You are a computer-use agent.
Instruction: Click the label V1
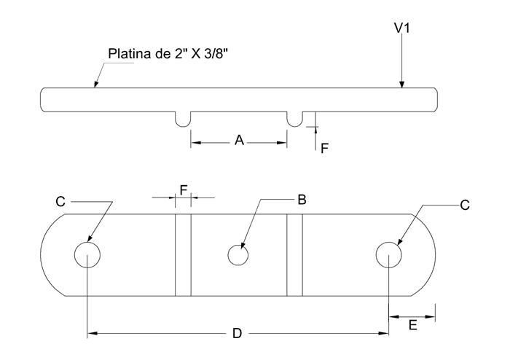(x=403, y=28)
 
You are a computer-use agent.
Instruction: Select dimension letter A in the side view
(x=238, y=141)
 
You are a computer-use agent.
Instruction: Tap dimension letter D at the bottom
(x=237, y=333)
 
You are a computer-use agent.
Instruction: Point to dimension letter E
(x=412, y=326)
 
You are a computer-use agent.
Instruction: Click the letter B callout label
(x=301, y=198)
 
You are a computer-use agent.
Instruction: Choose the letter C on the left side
(x=62, y=200)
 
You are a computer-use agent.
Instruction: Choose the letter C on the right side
(x=465, y=206)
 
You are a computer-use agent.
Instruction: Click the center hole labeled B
(x=238, y=255)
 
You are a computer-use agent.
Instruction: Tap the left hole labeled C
(x=87, y=255)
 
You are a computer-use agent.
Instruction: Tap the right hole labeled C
(x=388, y=255)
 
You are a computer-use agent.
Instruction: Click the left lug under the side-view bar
(x=183, y=118)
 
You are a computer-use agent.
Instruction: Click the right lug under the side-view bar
(x=295, y=118)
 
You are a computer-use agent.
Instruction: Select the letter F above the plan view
(x=184, y=189)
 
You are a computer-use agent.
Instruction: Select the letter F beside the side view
(x=325, y=148)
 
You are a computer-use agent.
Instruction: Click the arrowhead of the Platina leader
(x=95, y=86)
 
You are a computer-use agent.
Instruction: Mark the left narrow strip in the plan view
(x=183, y=255)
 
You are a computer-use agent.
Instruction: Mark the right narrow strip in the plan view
(x=294, y=255)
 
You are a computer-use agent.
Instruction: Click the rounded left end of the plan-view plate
(x=52, y=255)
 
